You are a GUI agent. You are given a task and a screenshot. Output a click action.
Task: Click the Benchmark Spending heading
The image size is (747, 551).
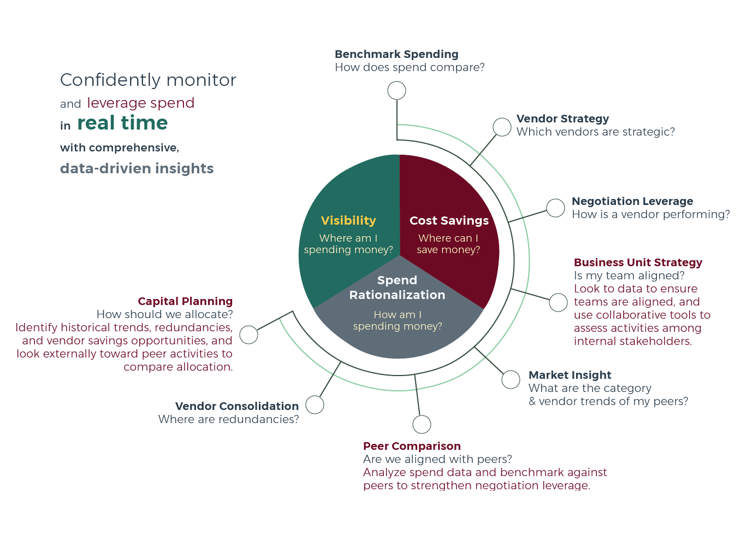click(x=396, y=54)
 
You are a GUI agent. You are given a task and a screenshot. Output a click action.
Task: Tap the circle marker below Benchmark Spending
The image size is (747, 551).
click(x=396, y=90)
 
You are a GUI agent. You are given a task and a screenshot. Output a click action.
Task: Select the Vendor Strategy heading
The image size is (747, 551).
click(x=562, y=119)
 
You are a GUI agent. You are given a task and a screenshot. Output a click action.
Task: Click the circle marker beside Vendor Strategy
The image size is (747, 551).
click(x=502, y=127)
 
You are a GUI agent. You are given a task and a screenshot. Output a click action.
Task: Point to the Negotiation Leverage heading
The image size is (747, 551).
click(x=632, y=201)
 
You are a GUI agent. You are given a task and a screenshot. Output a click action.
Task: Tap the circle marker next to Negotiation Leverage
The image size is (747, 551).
click(x=555, y=208)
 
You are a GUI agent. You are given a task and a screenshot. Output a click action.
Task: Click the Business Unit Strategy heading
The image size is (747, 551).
click(x=638, y=262)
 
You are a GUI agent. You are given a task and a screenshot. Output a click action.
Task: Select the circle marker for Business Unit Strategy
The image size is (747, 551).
click(x=558, y=303)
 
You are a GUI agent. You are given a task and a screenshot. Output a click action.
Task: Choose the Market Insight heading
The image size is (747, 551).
click(x=570, y=375)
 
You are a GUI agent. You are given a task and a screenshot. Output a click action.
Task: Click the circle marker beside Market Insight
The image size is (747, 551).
click(x=511, y=379)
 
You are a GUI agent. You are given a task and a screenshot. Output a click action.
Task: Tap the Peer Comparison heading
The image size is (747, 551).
click(x=412, y=446)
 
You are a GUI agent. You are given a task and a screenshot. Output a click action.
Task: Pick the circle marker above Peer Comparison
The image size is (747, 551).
click(x=422, y=425)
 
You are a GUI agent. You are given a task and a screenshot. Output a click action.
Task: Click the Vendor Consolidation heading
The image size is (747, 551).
click(x=237, y=406)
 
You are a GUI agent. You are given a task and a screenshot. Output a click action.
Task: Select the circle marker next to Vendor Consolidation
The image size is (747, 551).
click(x=315, y=405)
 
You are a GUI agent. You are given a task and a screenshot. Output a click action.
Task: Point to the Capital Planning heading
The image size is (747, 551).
click(x=185, y=301)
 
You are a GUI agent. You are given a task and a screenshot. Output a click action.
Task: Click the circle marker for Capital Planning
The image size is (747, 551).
click(x=249, y=335)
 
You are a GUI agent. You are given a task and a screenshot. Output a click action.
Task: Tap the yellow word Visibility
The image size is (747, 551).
click(x=348, y=221)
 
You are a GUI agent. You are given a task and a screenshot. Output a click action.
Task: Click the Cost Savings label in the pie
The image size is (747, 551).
click(x=449, y=221)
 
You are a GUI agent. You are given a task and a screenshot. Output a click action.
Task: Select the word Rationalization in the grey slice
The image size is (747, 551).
click(x=397, y=295)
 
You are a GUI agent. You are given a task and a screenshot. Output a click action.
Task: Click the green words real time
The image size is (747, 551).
click(x=122, y=122)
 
